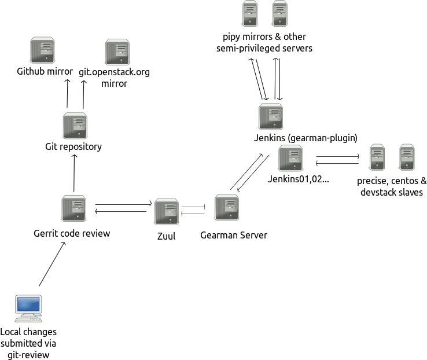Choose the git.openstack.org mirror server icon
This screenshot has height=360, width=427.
pos(117,52)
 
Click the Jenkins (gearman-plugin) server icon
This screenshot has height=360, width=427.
pos(270,117)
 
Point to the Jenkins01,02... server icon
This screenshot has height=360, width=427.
pos(290,158)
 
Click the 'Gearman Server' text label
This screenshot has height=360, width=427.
pos(233,236)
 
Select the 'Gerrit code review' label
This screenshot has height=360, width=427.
pos(72,234)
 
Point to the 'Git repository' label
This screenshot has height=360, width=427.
pos(73,146)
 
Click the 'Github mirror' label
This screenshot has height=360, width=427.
pos(45,72)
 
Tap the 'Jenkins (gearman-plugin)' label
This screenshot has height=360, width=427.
pos(305,138)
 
